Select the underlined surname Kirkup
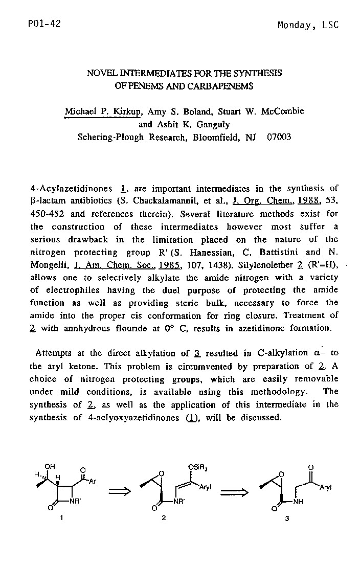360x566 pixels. point(128,111)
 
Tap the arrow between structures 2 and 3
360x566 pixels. point(233,492)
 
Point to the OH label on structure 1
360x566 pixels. point(50,466)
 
